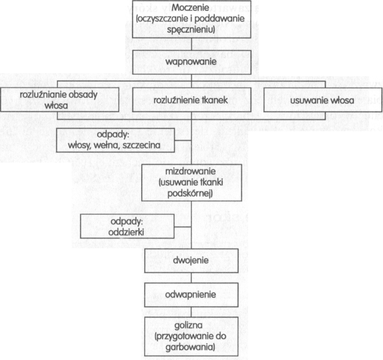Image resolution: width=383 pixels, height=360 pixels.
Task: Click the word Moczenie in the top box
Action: pos(190,8)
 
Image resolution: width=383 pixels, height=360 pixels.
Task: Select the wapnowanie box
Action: pos(191,62)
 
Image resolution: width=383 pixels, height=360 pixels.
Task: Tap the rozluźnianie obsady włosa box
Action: pos(60,100)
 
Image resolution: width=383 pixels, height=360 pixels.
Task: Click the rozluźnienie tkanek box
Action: pos(191,100)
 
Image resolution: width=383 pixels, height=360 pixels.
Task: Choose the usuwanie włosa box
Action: pos(323,100)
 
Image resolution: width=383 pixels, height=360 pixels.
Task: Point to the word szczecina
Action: pos(141,145)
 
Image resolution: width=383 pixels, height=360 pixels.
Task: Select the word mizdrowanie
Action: pos(190,171)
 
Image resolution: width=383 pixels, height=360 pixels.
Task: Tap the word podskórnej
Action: pos(190,193)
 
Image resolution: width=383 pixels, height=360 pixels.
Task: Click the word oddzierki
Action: pos(126,232)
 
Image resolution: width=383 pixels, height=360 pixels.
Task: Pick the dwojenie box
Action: pos(191,260)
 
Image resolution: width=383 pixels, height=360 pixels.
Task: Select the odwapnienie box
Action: pos(191,295)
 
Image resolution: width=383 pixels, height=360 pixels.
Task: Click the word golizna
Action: pos(189,325)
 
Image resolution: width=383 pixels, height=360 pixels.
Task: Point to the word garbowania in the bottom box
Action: pos(190,347)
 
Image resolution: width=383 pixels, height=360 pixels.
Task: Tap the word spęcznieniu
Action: pos(191,30)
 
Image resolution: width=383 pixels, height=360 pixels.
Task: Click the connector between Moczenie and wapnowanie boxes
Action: pos(191,44)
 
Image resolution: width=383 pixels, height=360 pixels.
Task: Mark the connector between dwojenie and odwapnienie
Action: pos(191,278)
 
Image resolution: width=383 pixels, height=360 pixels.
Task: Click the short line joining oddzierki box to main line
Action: pos(183,227)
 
